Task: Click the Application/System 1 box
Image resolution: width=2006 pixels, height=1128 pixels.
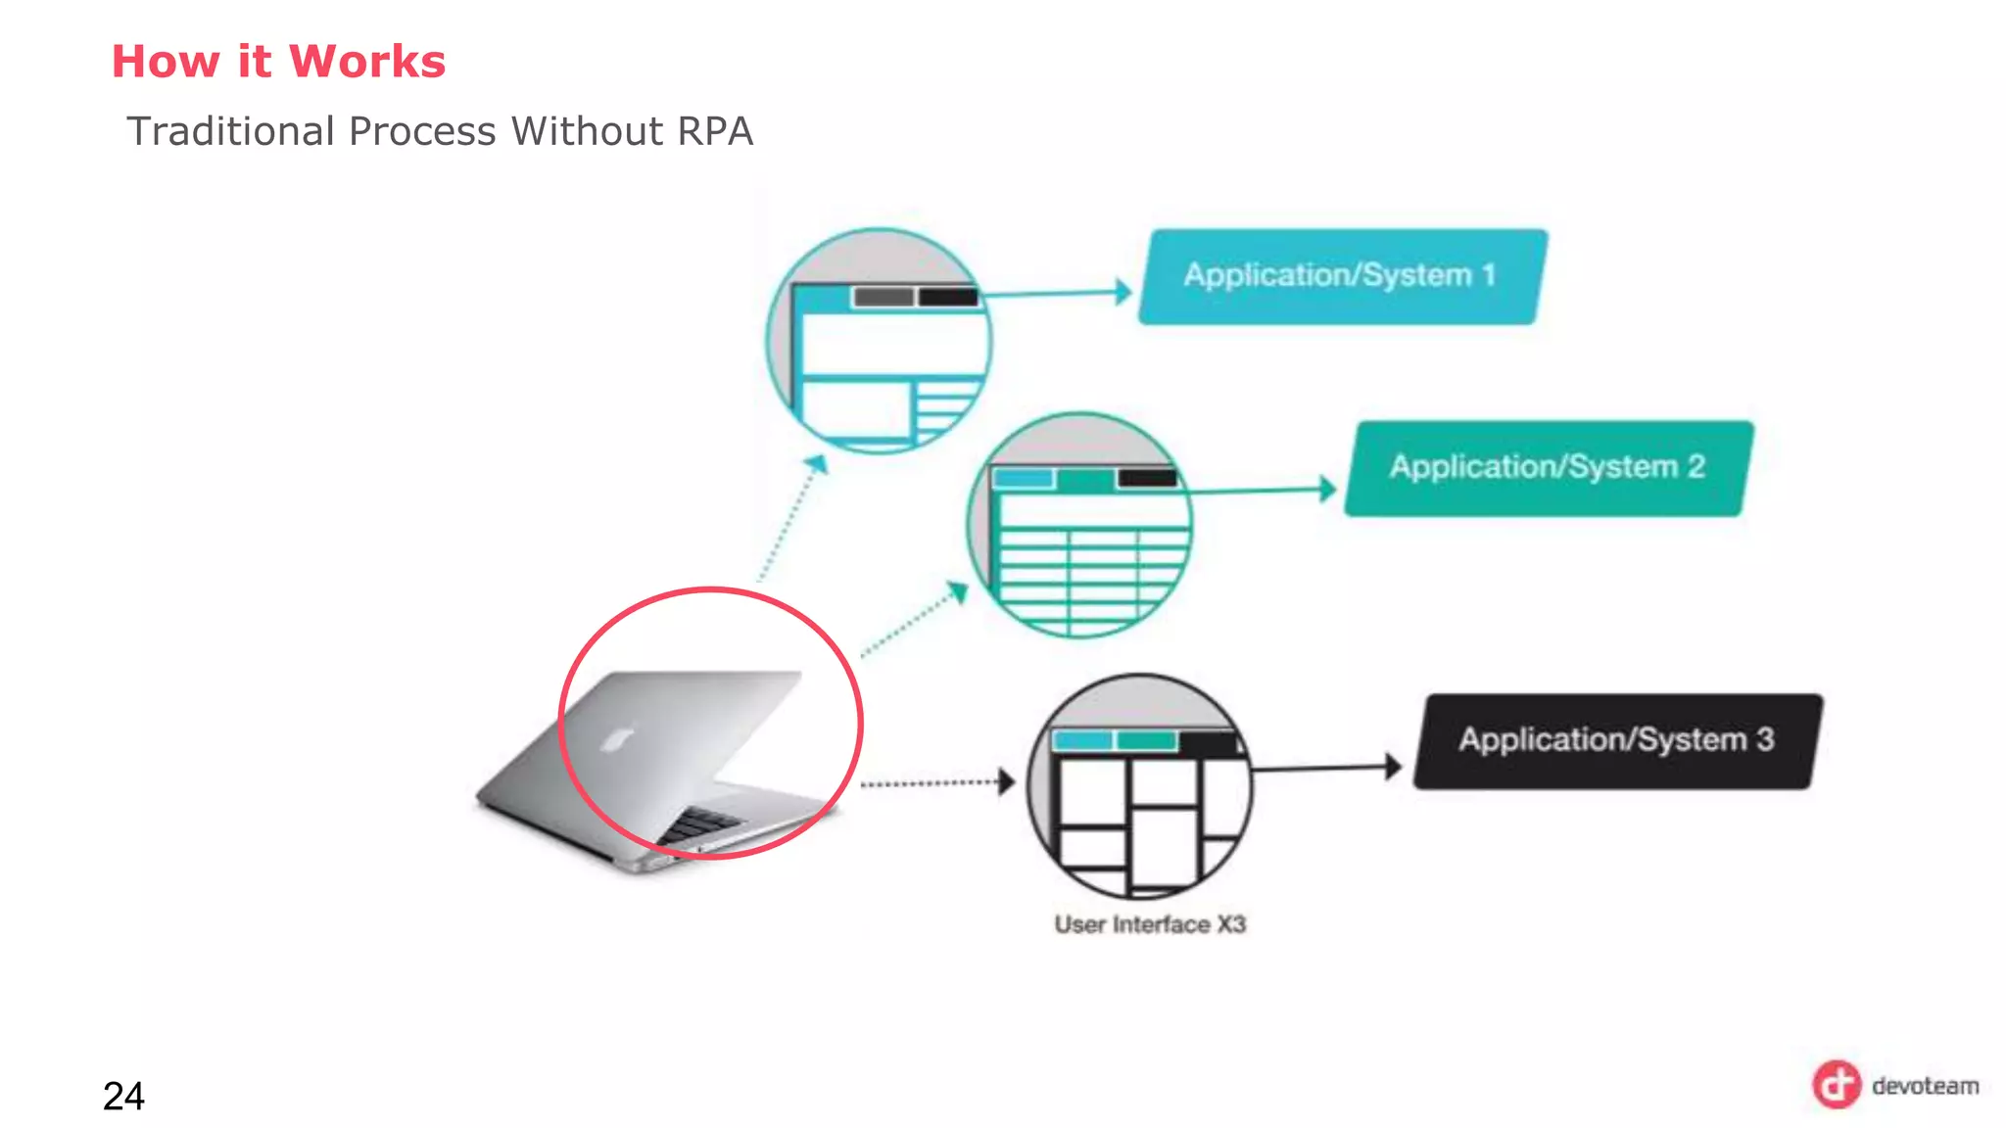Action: pyautogui.click(x=1342, y=276)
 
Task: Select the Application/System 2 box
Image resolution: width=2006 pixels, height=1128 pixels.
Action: pyautogui.click(x=1548, y=468)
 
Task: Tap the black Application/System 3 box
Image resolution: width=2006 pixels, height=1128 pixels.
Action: pyautogui.click(x=1616, y=741)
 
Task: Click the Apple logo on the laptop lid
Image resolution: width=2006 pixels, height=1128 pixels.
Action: pyautogui.click(x=616, y=739)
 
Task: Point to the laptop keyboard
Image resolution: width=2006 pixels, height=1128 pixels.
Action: pyautogui.click(x=700, y=823)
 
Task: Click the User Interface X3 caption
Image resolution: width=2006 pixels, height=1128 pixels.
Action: pyautogui.click(x=1150, y=924)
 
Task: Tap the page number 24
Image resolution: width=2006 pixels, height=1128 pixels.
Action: pyautogui.click(x=123, y=1096)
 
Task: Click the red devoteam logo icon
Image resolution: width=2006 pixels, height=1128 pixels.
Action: pyautogui.click(x=1836, y=1085)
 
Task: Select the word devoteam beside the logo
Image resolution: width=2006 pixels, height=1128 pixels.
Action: pyautogui.click(x=1925, y=1086)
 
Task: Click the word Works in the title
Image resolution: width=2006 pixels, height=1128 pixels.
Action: pyautogui.click(x=367, y=62)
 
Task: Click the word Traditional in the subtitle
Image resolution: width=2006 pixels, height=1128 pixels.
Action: pyautogui.click(x=231, y=131)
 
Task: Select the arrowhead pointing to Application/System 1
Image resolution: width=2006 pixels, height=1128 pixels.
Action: pyautogui.click(x=1123, y=292)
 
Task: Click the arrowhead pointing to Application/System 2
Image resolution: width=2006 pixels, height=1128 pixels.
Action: pyautogui.click(x=1327, y=489)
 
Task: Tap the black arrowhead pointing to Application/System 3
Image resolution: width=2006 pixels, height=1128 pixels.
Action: pyautogui.click(x=1393, y=767)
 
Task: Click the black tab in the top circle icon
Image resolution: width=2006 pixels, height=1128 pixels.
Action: pyautogui.click(x=947, y=297)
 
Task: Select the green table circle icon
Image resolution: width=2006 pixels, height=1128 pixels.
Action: pyautogui.click(x=1079, y=526)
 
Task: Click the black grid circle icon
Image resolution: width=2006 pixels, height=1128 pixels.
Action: pyautogui.click(x=1139, y=786)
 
